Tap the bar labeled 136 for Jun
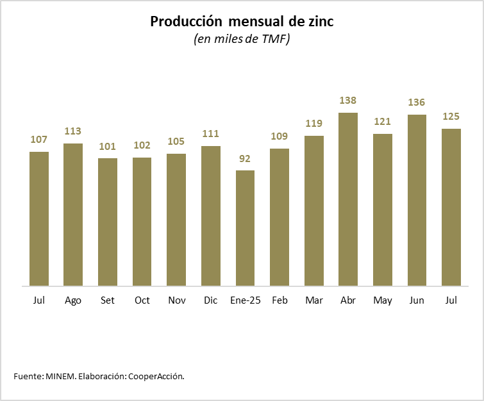[x=417, y=200]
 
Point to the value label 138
[x=348, y=101]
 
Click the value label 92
[x=245, y=158]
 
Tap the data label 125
[x=451, y=117]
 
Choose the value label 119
[x=313, y=124]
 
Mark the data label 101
[x=108, y=146]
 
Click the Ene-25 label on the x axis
[x=245, y=300]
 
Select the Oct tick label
[x=142, y=300]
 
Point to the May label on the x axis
[x=383, y=300]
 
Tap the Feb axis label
[x=280, y=300]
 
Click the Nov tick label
[x=176, y=300]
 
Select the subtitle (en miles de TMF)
[x=242, y=40]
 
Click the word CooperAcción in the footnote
[x=156, y=376]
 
